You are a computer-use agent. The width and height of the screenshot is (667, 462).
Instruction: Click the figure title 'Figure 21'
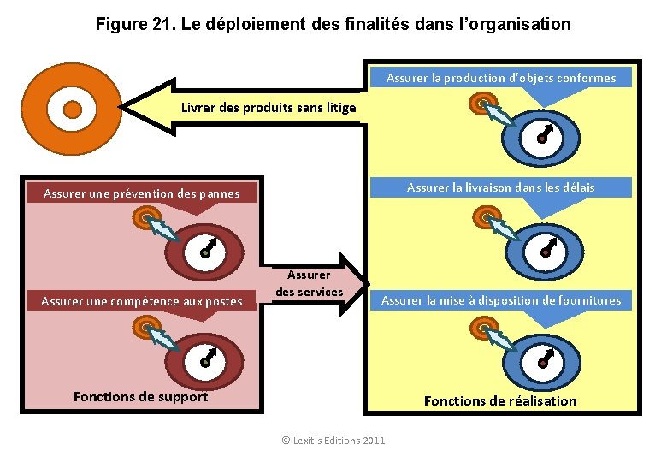(x=333, y=24)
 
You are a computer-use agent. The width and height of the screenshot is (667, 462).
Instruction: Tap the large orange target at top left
(x=73, y=110)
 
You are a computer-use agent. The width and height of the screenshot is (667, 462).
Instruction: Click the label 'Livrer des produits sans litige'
(x=269, y=108)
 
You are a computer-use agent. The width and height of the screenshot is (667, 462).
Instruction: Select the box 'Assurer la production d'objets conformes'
(x=500, y=78)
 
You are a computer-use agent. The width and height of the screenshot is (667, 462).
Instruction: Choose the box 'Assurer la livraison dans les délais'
(x=500, y=187)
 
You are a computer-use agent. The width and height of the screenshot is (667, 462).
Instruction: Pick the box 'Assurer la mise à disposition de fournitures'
(x=501, y=300)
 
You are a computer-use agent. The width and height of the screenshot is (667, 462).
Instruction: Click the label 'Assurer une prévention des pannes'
(x=142, y=193)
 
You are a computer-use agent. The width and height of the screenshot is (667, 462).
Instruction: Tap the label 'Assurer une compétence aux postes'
(x=142, y=301)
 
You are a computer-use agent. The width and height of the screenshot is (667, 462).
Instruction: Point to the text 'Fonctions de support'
(x=140, y=396)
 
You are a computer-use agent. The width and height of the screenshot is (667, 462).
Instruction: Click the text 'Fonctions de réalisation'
(x=500, y=400)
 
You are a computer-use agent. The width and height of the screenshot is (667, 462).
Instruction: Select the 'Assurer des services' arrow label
(x=309, y=284)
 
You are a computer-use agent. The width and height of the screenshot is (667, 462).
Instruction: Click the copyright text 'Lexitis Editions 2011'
(x=333, y=441)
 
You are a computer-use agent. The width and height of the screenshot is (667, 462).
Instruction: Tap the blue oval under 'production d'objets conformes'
(x=540, y=137)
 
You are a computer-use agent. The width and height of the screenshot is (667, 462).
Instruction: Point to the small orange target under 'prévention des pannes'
(x=142, y=218)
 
